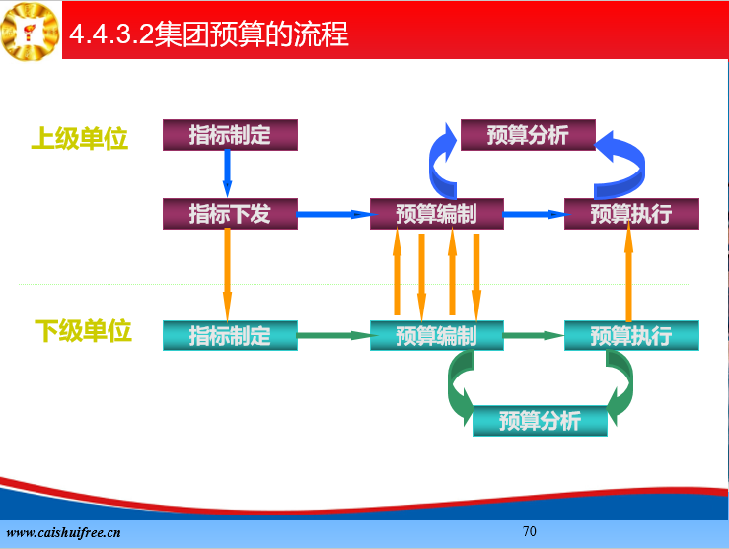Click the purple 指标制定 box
coord(230,135)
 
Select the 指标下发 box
coord(230,214)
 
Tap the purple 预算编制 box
coord(437,214)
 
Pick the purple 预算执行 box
coord(631,214)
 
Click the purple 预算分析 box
coord(528,135)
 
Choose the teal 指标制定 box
coord(230,335)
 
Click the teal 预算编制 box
coord(437,335)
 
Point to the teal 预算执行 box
coord(631,335)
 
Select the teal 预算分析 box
coord(540,421)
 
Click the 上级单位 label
coord(80,138)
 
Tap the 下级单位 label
coord(83,331)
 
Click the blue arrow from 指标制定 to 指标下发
coord(227,173)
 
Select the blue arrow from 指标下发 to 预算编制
coord(336,214)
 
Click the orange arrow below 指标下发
coord(227,275)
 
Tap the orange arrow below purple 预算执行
coord(628,275)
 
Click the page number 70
coord(530,531)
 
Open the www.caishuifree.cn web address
coord(64,533)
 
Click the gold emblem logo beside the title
coord(31,32)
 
